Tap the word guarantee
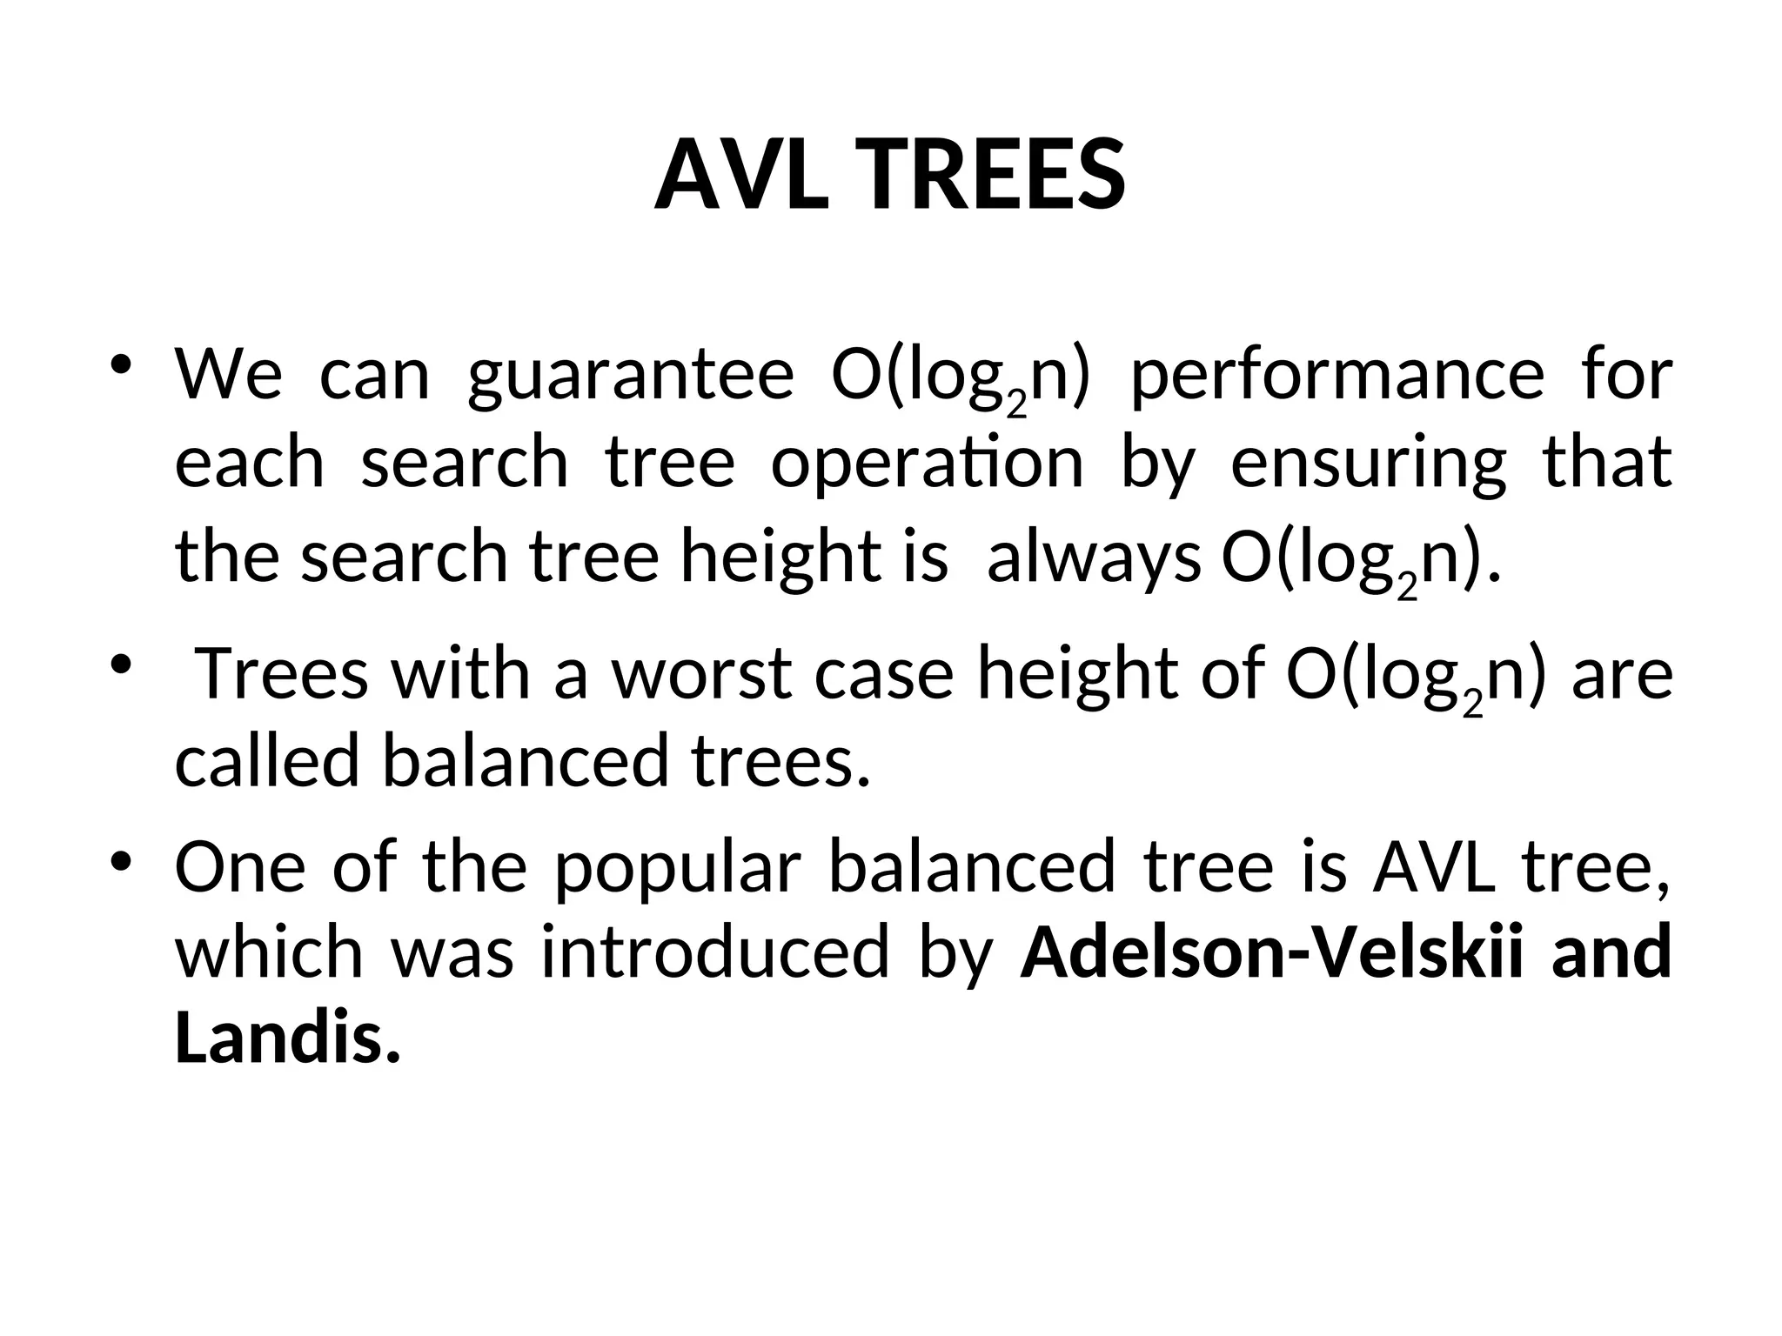click(631, 376)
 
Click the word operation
click(928, 463)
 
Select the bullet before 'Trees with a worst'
click(121, 663)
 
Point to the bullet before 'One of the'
click(121, 860)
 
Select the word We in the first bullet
click(228, 376)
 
